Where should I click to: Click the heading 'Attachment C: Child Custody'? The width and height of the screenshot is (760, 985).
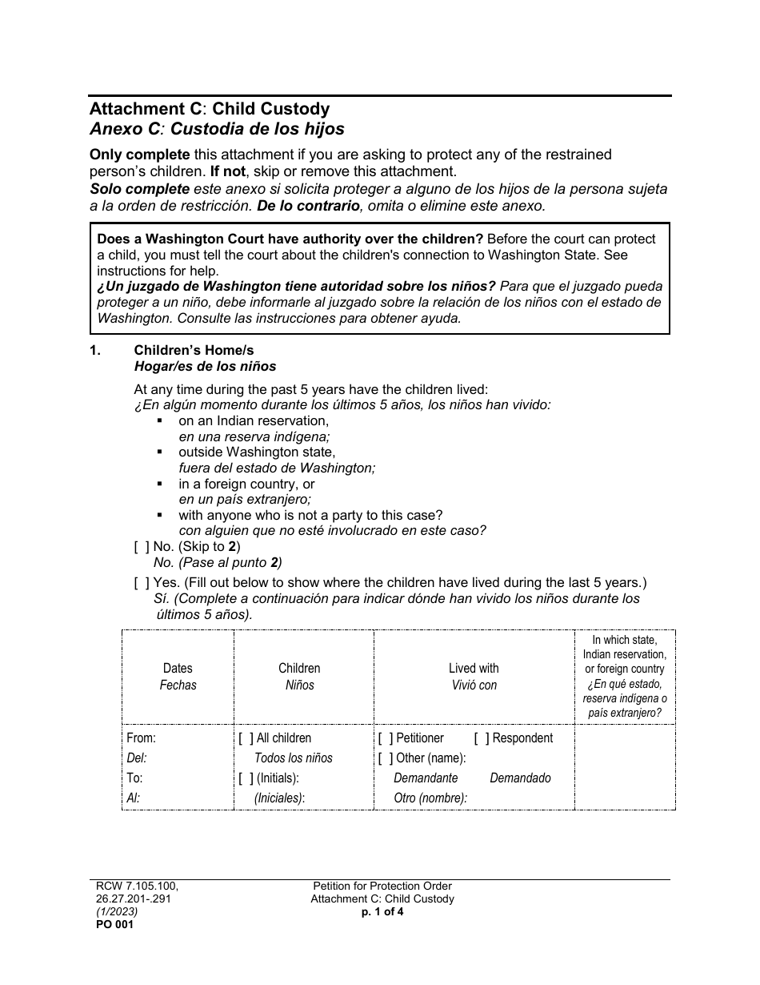pos(209,109)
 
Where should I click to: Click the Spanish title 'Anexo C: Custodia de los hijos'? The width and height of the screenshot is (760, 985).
pos(217,128)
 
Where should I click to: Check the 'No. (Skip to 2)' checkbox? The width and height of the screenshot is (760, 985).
pos(142,547)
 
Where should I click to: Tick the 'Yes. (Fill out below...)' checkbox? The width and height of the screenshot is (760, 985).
pos(142,583)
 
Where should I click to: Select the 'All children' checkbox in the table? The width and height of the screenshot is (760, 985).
pos(246,738)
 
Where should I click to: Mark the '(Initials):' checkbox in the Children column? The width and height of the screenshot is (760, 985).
pos(246,778)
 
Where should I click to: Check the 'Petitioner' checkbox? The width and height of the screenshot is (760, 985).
pos(386,738)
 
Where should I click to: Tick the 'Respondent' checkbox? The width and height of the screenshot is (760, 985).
pos(482,738)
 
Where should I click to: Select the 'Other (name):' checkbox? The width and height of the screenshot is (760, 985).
pos(386,758)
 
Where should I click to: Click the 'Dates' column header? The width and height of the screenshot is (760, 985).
pos(178,668)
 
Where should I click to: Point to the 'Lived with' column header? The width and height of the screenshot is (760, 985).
pos(474,668)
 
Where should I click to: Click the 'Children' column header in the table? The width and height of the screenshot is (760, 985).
pos(299,668)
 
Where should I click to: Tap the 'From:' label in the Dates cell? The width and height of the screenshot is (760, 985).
pos(141,738)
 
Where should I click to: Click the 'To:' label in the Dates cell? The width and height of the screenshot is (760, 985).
pos(134,778)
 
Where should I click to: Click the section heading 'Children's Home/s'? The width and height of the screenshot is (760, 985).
pos(194,351)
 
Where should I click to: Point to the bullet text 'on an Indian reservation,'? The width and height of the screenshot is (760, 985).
pos(254,420)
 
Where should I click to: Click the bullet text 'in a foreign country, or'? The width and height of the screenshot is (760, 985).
pos(246,484)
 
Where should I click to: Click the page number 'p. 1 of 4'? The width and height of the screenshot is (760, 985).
pos(382,911)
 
